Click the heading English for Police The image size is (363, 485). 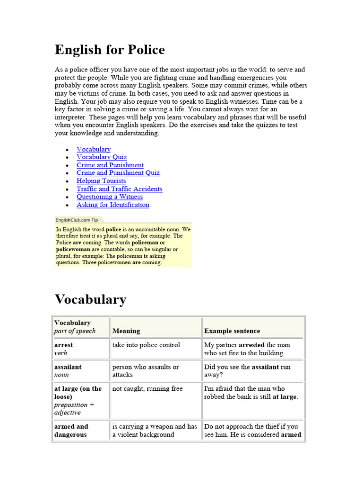coord(110,50)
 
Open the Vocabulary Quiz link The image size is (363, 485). coord(102,157)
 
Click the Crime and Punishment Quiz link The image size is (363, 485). coord(118,173)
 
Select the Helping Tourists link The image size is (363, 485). coord(101,181)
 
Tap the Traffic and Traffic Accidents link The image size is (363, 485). coord(120,189)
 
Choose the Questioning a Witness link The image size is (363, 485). coord(110,197)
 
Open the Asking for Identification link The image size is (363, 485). coord(113,205)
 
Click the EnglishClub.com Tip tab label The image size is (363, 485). coord(77,220)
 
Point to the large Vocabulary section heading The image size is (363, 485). coord(90,299)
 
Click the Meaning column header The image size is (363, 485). coord(126,331)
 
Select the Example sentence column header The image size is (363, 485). coord(232,331)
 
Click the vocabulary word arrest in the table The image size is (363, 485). coord(63,345)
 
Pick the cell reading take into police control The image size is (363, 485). coord(146,345)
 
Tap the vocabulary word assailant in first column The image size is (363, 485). coord(68,367)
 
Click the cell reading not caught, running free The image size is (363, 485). coord(147,388)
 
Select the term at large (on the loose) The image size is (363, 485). coord(78,392)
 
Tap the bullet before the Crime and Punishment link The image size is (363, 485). coord(67,165)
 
